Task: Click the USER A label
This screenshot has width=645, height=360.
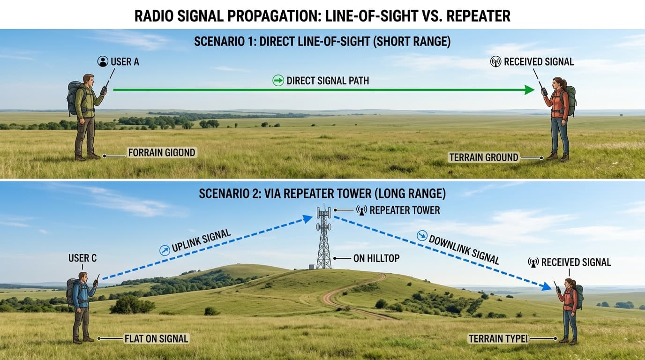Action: click(125, 61)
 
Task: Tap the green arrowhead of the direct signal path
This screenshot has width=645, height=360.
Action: click(529, 90)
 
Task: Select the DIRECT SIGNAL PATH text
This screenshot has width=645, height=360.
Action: click(328, 81)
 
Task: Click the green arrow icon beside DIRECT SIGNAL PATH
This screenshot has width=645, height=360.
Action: click(278, 81)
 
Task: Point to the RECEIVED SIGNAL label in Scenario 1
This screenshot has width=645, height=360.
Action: click(539, 61)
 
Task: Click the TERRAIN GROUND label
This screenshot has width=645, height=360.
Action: click(484, 157)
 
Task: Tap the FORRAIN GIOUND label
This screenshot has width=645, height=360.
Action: click(162, 152)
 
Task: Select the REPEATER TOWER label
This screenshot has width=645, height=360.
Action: click(405, 210)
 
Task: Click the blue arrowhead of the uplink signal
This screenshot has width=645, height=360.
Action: click(307, 217)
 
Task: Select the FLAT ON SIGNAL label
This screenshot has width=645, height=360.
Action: click(156, 338)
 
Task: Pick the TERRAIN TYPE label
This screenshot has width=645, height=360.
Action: click(498, 338)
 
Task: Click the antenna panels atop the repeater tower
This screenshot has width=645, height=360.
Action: click(323, 214)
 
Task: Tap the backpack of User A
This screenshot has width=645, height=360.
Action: click(74, 97)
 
